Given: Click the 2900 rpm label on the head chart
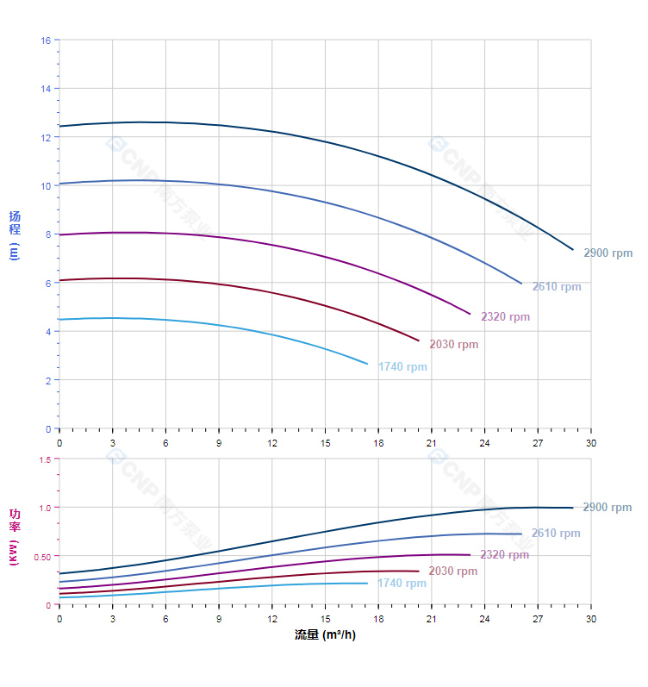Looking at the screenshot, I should pyautogui.click(x=607, y=253).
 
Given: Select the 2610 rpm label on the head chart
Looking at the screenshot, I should pyautogui.click(x=556, y=287).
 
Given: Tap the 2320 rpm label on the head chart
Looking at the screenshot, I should pyautogui.click(x=505, y=317).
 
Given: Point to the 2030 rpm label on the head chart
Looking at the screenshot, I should pyautogui.click(x=453, y=345).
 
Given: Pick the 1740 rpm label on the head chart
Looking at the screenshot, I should pyautogui.click(x=402, y=367).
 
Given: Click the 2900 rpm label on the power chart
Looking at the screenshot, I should pyautogui.click(x=607, y=508).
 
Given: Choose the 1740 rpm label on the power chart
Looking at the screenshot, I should pyautogui.click(x=402, y=584).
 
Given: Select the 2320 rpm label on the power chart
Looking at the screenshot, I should pyautogui.click(x=504, y=555).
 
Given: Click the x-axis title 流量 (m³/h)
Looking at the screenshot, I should pyautogui.click(x=325, y=635).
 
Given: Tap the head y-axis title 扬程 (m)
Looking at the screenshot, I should pyautogui.click(x=15, y=234).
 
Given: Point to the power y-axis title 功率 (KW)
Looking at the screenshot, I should pyautogui.click(x=15, y=536).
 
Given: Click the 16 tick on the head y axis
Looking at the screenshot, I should pyautogui.click(x=46, y=41).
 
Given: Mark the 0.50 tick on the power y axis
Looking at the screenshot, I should pyautogui.click(x=42, y=557).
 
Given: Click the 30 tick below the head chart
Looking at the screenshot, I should pyautogui.click(x=590, y=443).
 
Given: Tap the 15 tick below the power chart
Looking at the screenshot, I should pyautogui.click(x=325, y=619).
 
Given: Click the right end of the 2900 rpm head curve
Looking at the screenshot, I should pyautogui.click(x=573, y=250).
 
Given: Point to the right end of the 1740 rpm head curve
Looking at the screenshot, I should pyautogui.click(x=367, y=364).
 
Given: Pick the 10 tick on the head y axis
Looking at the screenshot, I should pyautogui.click(x=46, y=185).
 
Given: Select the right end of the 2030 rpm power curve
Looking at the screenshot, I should pyautogui.click(x=419, y=571).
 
